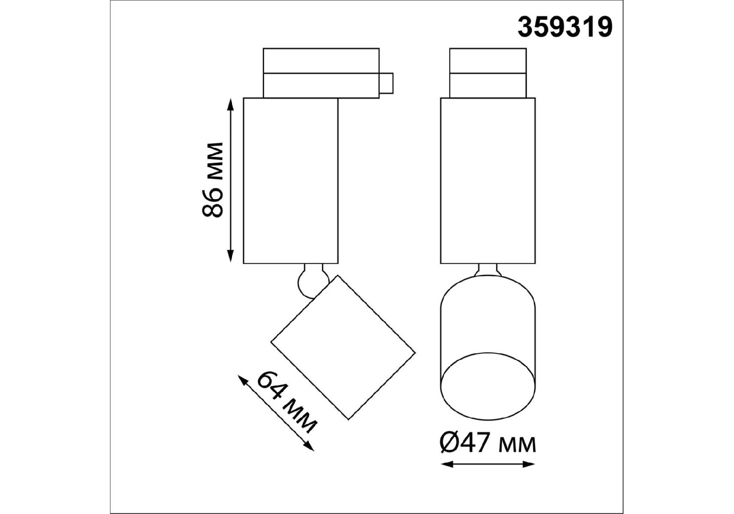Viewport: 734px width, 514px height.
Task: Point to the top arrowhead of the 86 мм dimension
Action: [231, 104]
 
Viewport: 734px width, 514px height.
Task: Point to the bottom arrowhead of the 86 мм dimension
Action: [231, 257]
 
